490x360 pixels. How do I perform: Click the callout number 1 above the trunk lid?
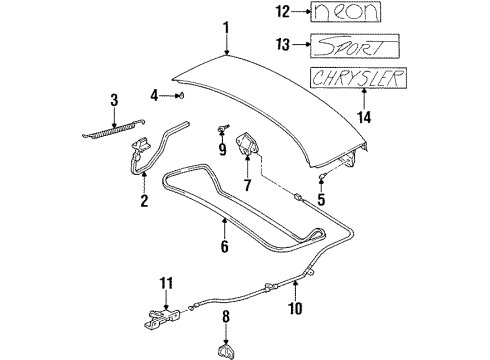[x=228, y=27]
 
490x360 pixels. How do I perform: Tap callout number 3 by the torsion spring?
[x=113, y=99]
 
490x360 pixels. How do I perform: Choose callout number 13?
[x=284, y=45]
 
